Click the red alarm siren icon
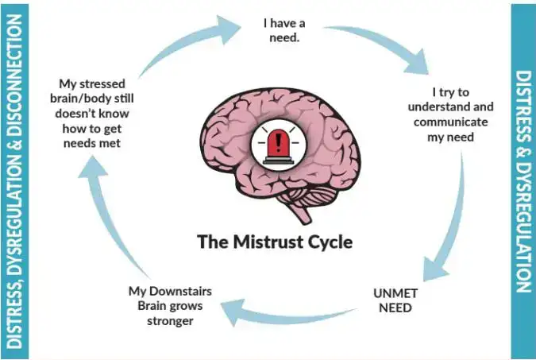pyautogui.click(x=278, y=147)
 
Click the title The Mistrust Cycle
pyautogui.click(x=275, y=242)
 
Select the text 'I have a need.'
pyautogui.click(x=284, y=30)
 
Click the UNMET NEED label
pyautogui.click(x=395, y=300)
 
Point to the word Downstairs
pyautogui.click(x=180, y=291)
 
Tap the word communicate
pyautogui.click(x=450, y=122)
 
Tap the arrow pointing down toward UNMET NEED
pyautogui.click(x=451, y=219)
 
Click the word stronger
pyautogui.click(x=170, y=321)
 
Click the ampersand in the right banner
pyautogui.click(x=523, y=142)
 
